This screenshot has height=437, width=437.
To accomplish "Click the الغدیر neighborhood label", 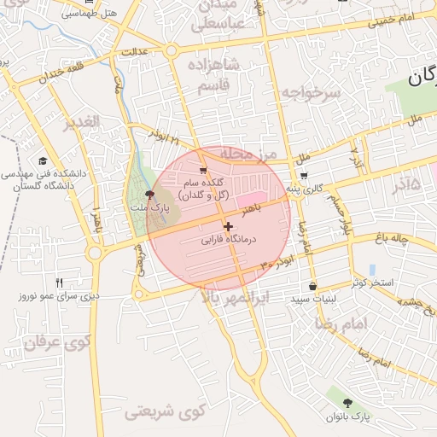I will point(83,122).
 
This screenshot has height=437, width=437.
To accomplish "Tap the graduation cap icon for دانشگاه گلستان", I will point(43,160).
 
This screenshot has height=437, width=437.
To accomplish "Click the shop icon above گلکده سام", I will point(202,170).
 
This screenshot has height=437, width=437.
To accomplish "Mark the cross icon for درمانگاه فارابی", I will point(228,226).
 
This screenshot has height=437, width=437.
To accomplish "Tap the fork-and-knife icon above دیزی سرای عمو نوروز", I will point(59,283).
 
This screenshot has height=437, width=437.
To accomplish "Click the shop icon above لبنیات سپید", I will point(313,286).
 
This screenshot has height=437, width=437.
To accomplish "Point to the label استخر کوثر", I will point(372,282).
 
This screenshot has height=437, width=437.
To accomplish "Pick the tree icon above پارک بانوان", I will point(347,402).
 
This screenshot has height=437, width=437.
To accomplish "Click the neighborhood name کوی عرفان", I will point(58,345).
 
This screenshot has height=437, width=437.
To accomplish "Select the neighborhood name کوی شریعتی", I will point(161,412).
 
